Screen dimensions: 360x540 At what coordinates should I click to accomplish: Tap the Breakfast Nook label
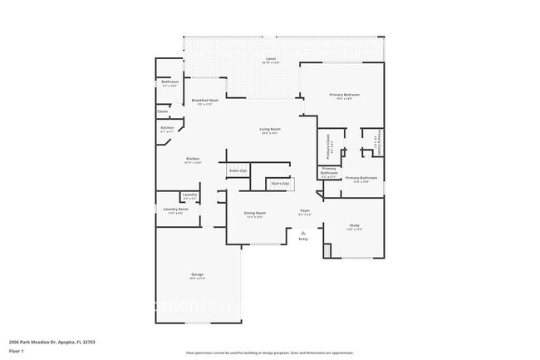click(x=204, y=100)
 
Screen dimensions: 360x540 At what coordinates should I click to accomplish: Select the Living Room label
click(x=269, y=129)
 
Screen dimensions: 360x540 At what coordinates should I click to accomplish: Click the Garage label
click(x=198, y=274)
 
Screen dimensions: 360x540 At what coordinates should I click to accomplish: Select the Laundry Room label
click(x=175, y=209)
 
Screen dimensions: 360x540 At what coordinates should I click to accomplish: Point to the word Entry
click(x=302, y=239)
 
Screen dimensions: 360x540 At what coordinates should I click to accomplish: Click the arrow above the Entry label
click(x=302, y=232)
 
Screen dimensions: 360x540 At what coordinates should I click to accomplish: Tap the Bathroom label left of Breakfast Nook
click(x=170, y=81)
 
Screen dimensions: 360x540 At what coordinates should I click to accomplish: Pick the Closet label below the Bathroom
click(x=163, y=111)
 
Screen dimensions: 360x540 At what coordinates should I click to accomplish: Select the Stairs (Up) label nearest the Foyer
click(x=280, y=183)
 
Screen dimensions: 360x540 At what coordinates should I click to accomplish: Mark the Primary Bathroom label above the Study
click(x=361, y=178)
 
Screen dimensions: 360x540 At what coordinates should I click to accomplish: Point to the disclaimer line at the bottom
click(x=269, y=353)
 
